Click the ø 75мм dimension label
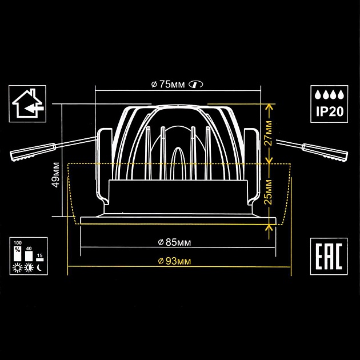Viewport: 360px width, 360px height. (168, 85)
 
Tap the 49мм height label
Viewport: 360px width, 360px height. (56, 175)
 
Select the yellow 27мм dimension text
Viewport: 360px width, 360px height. (268, 133)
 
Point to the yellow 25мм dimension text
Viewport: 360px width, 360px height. (268, 191)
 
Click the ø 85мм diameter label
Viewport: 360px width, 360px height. (174, 242)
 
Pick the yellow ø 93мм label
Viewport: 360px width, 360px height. (174, 261)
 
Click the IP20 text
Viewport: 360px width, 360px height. (330, 111)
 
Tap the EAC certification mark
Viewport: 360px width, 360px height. (329, 256)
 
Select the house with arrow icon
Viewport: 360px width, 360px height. (27, 103)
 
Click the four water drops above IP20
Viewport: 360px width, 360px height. (330, 95)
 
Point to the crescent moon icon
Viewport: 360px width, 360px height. (39, 267)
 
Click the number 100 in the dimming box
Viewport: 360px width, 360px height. (18, 243)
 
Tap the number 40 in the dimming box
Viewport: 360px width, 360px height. (29, 249)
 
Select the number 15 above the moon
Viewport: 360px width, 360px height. (40, 255)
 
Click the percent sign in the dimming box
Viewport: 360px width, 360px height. (18, 249)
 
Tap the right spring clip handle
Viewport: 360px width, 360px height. (325, 151)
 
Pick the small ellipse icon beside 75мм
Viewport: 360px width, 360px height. (195, 85)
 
